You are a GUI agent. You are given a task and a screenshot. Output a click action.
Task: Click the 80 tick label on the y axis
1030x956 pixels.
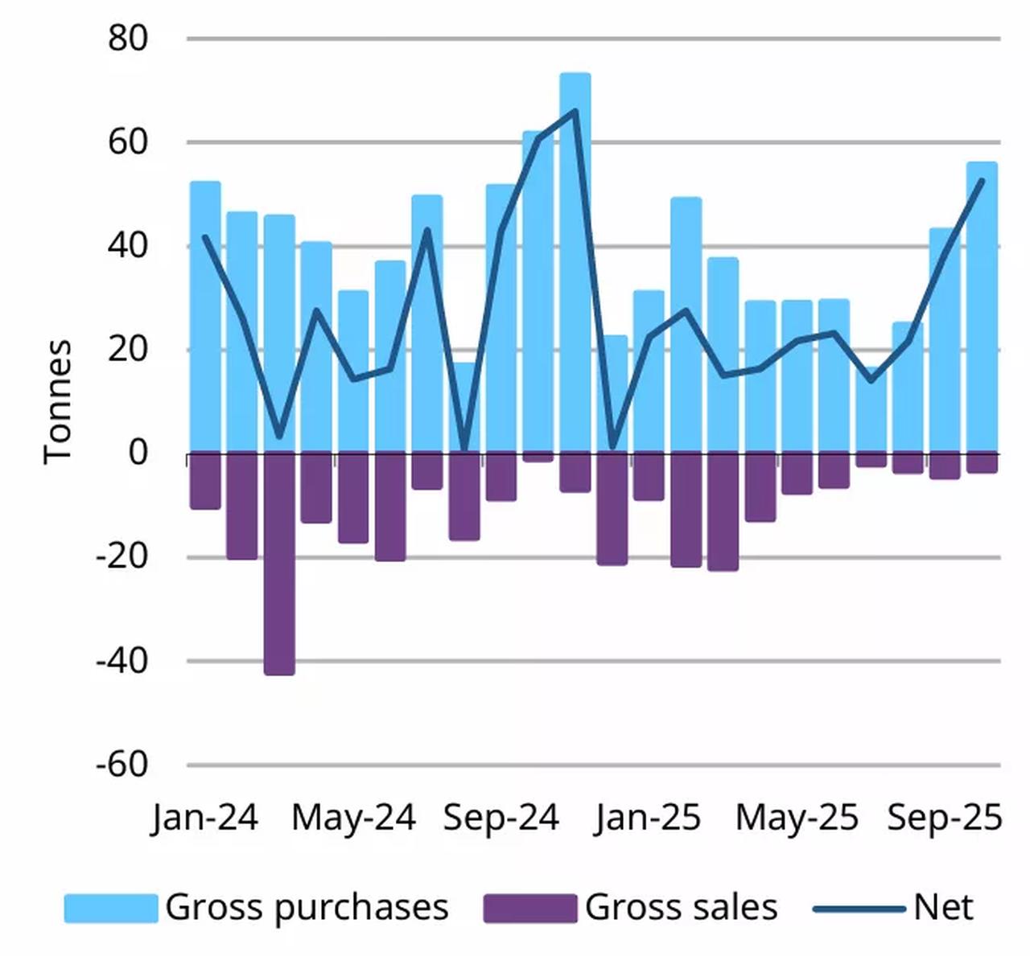[128, 38]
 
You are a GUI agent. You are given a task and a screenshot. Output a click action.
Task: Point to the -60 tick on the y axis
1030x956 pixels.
[122, 764]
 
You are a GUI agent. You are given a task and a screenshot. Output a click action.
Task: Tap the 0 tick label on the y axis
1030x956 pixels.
[138, 453]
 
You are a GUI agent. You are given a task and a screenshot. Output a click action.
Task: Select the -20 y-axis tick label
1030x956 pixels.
[122, 556]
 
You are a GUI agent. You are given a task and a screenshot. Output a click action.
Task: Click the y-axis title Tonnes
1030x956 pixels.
[58, 400]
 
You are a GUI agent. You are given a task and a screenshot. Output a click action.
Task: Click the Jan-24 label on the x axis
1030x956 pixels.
[204, 818]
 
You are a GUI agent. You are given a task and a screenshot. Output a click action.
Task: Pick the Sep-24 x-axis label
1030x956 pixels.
[501, 818]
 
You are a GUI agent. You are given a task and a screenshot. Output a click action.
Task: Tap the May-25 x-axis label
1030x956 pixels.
[797, 818]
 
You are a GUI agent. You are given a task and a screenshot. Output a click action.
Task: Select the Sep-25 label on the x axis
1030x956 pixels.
[945, 818]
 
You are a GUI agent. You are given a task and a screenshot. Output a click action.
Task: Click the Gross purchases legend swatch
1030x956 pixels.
[111, 908]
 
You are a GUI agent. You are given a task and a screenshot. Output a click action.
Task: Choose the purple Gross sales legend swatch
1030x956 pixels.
[529, 908]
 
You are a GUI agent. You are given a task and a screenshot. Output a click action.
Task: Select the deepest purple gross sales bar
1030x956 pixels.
[279, 563]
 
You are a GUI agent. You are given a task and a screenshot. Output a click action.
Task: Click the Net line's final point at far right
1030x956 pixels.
[982, 181]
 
